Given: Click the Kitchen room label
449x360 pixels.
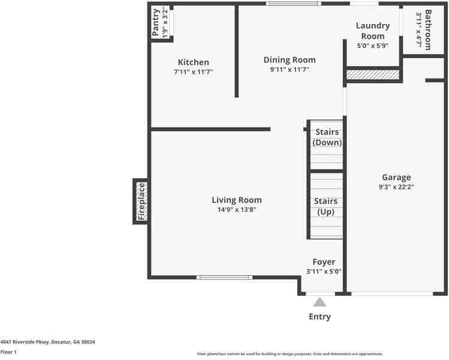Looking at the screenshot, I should coord(193,62).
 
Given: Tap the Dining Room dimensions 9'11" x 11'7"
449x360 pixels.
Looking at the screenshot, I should coord(290,70).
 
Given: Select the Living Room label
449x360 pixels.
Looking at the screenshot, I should coord(236,200).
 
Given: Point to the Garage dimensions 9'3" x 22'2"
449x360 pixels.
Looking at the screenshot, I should coord(396,187).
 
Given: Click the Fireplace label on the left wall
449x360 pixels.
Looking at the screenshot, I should coord(141,202).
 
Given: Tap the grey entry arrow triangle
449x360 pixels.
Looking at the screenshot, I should coord(320,302).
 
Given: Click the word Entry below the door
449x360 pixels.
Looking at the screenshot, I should coord(320,317).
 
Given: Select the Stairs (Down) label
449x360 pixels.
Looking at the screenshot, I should coord(327,137).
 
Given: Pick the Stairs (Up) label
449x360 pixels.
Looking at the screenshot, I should coord(326,206).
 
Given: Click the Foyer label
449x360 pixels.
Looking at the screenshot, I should coord(324,262).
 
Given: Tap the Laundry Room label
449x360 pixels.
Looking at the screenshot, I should coord(372,31).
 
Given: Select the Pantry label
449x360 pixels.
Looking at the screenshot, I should coord(156,22).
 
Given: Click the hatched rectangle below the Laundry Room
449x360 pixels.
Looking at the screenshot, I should coord(373,74).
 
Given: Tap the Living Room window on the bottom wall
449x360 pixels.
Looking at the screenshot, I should coord(225,277).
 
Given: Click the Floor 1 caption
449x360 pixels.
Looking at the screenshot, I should coord(8,352).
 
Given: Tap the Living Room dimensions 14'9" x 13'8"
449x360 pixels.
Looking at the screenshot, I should coord(236,210).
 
